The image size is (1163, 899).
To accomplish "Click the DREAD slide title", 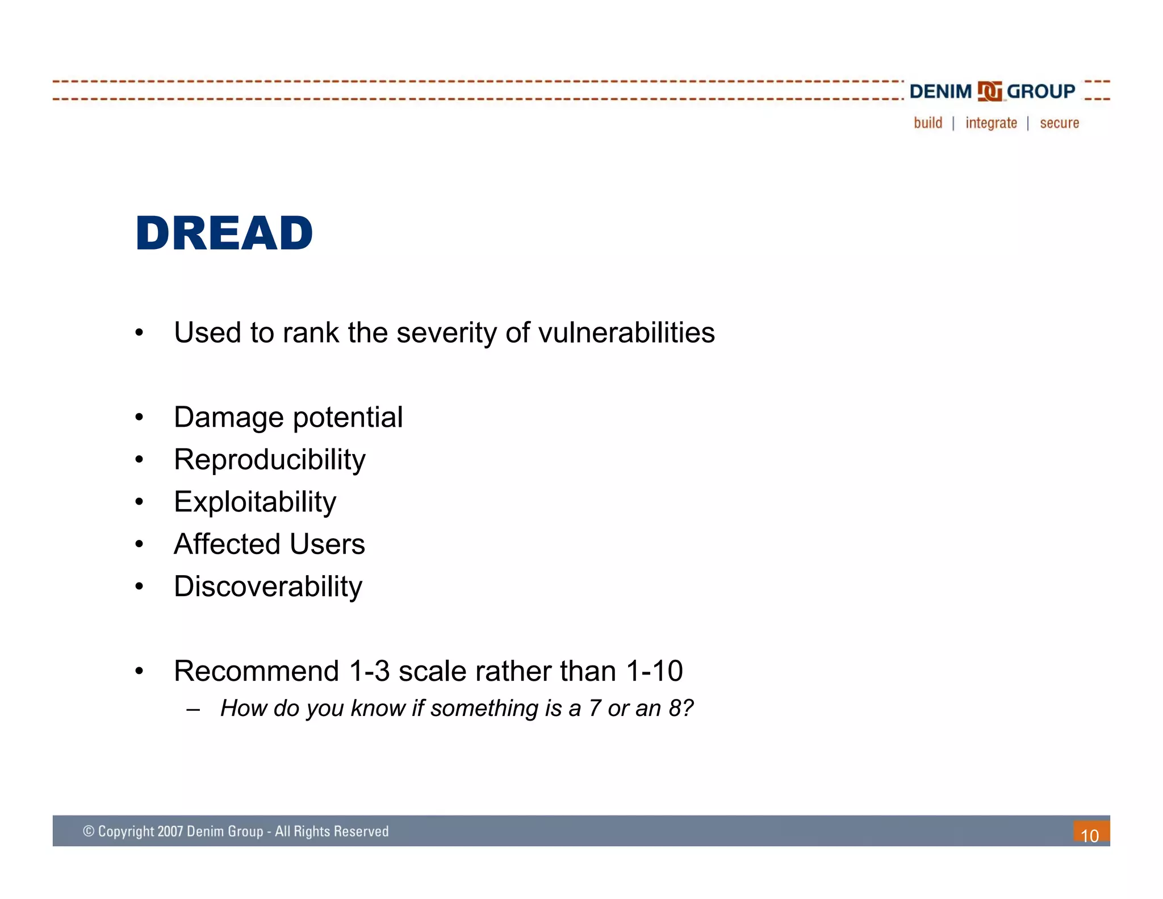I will click(x=224, y=234).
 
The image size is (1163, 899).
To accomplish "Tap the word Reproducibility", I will click(x=269, y=459).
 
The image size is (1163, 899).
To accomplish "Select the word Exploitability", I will click(x=255, y=502).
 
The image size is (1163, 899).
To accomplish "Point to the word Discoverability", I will click(x=267, y=586).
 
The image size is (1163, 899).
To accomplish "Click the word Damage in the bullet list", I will click(x=228, y=418).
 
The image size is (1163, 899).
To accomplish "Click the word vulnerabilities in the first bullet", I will click(x=626, y=333).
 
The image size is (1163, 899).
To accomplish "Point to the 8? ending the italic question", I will click(x=681, y=709).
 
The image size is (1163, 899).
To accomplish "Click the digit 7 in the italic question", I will click(x=594, y=709).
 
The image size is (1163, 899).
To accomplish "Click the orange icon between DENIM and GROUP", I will click(x=989, y=91).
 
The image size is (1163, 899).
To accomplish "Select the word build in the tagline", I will click(x=927, y=123).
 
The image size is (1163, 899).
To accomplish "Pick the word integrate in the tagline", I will click(x=991, y=123).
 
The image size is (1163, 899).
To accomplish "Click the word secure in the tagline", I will click(x=1059, y=123).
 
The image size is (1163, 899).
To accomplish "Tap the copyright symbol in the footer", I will click(x=89, y=831).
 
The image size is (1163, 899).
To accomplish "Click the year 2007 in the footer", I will click(x=170, y=831).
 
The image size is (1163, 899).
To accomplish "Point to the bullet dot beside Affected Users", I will click(x=139, y=545).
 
